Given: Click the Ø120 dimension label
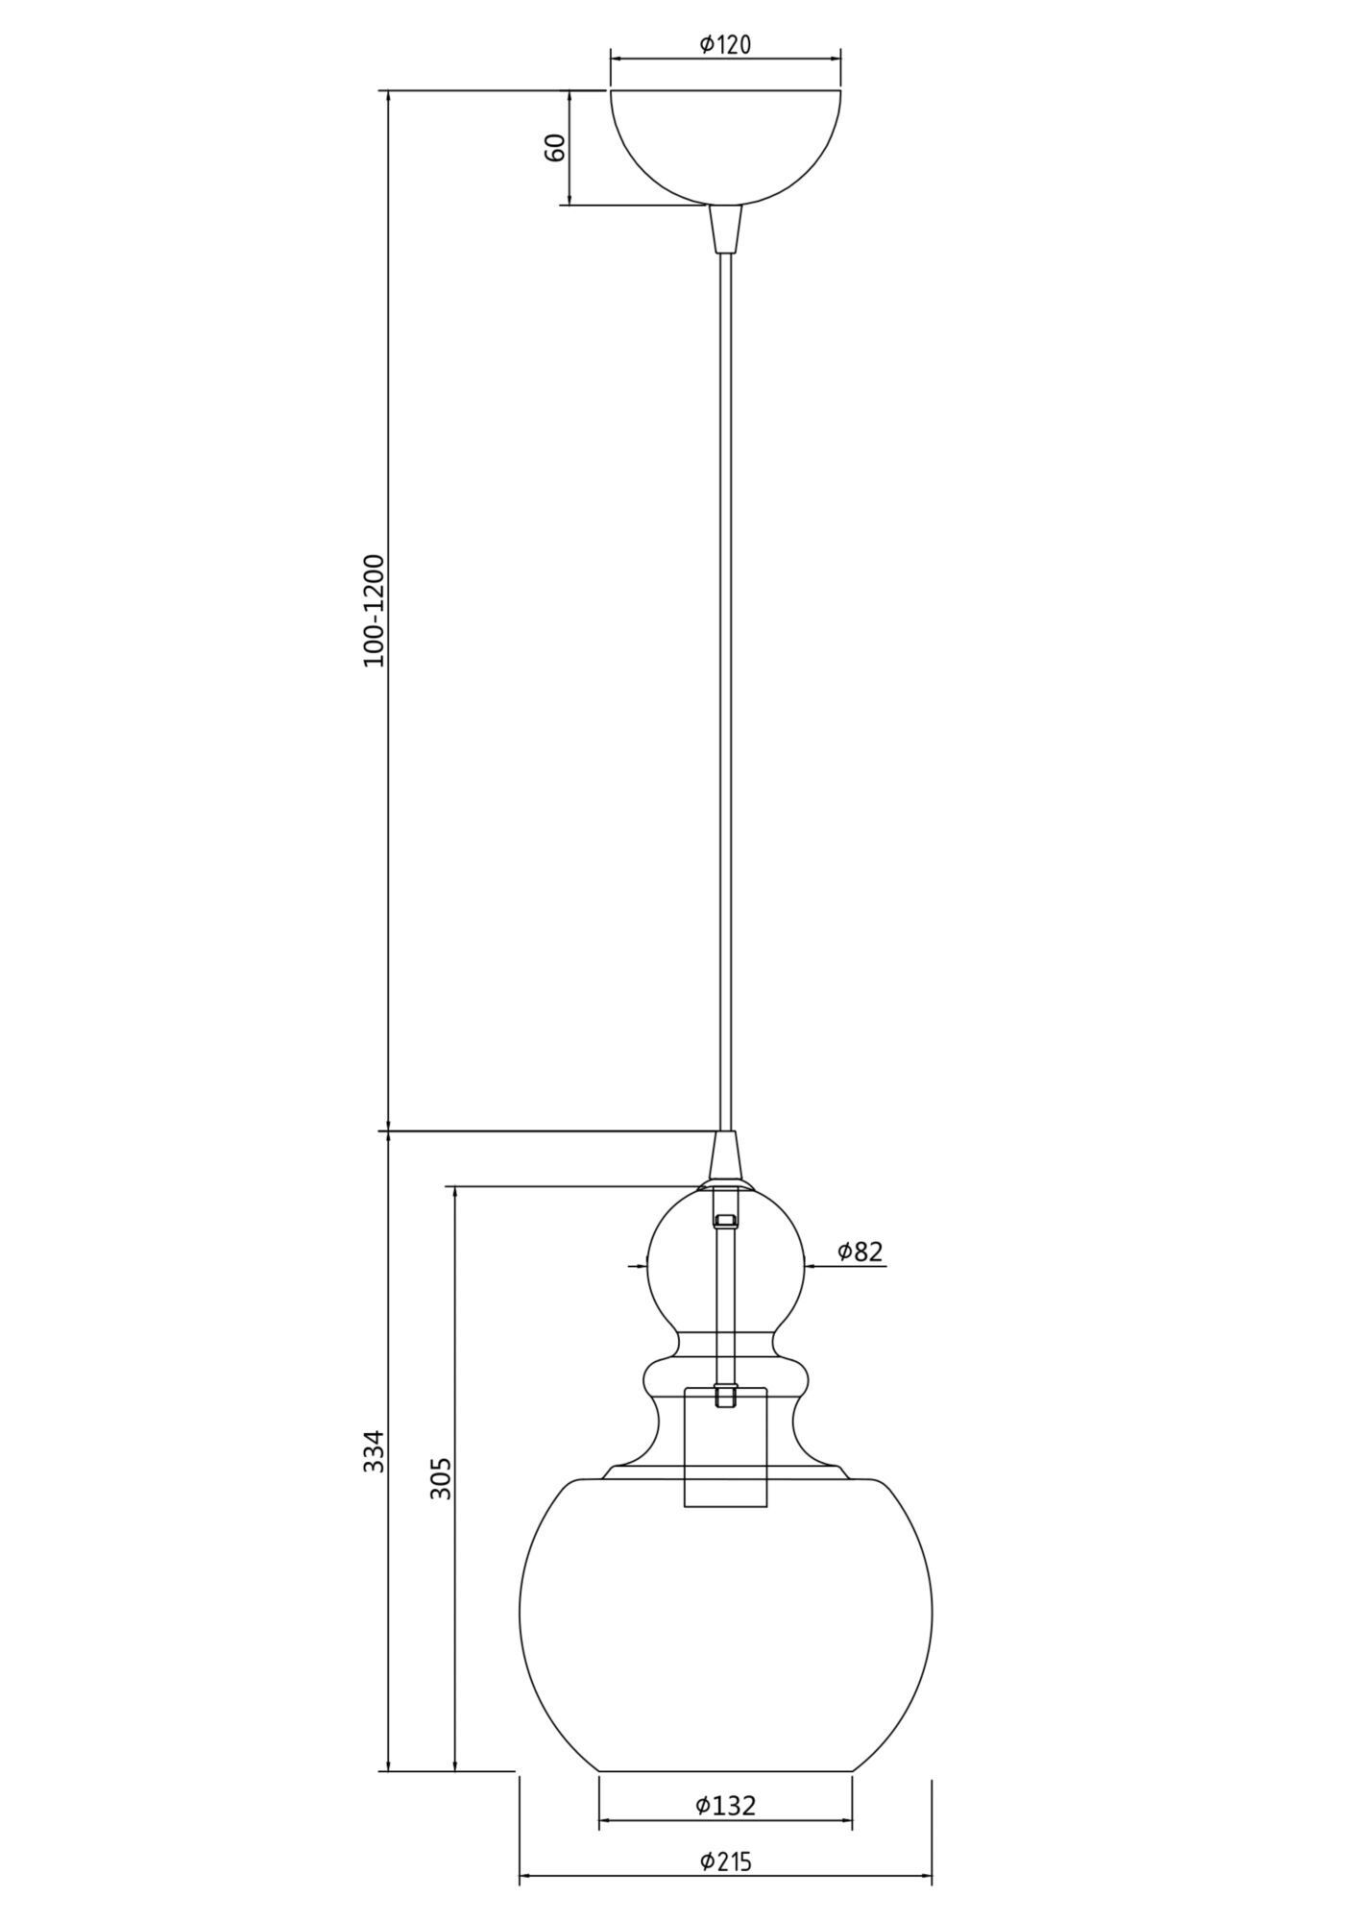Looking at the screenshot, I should [725, 43].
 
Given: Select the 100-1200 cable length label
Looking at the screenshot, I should [374, 610].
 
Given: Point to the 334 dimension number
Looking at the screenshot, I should [374, 1478].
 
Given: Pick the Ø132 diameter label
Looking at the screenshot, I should [725, 1805].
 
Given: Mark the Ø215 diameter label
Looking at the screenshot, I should [725, 1861].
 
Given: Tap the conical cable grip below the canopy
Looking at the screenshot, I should [725, 229].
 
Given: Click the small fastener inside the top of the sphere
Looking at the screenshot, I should [725, 1221].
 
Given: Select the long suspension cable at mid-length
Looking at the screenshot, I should [725, 672].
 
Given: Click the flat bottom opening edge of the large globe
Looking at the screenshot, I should [725, 1770].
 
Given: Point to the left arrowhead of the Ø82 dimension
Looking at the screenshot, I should [642, 1266].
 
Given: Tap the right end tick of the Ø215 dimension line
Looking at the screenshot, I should [932, 1879].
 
